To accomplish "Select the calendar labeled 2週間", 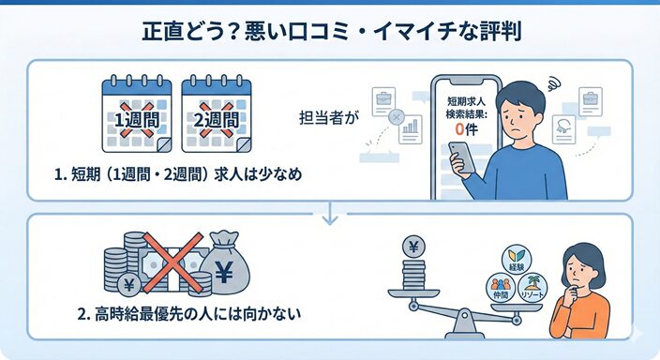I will point(217,114).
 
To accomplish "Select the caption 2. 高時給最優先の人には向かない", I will point(195,312).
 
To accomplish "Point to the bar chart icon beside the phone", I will point(409,133).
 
